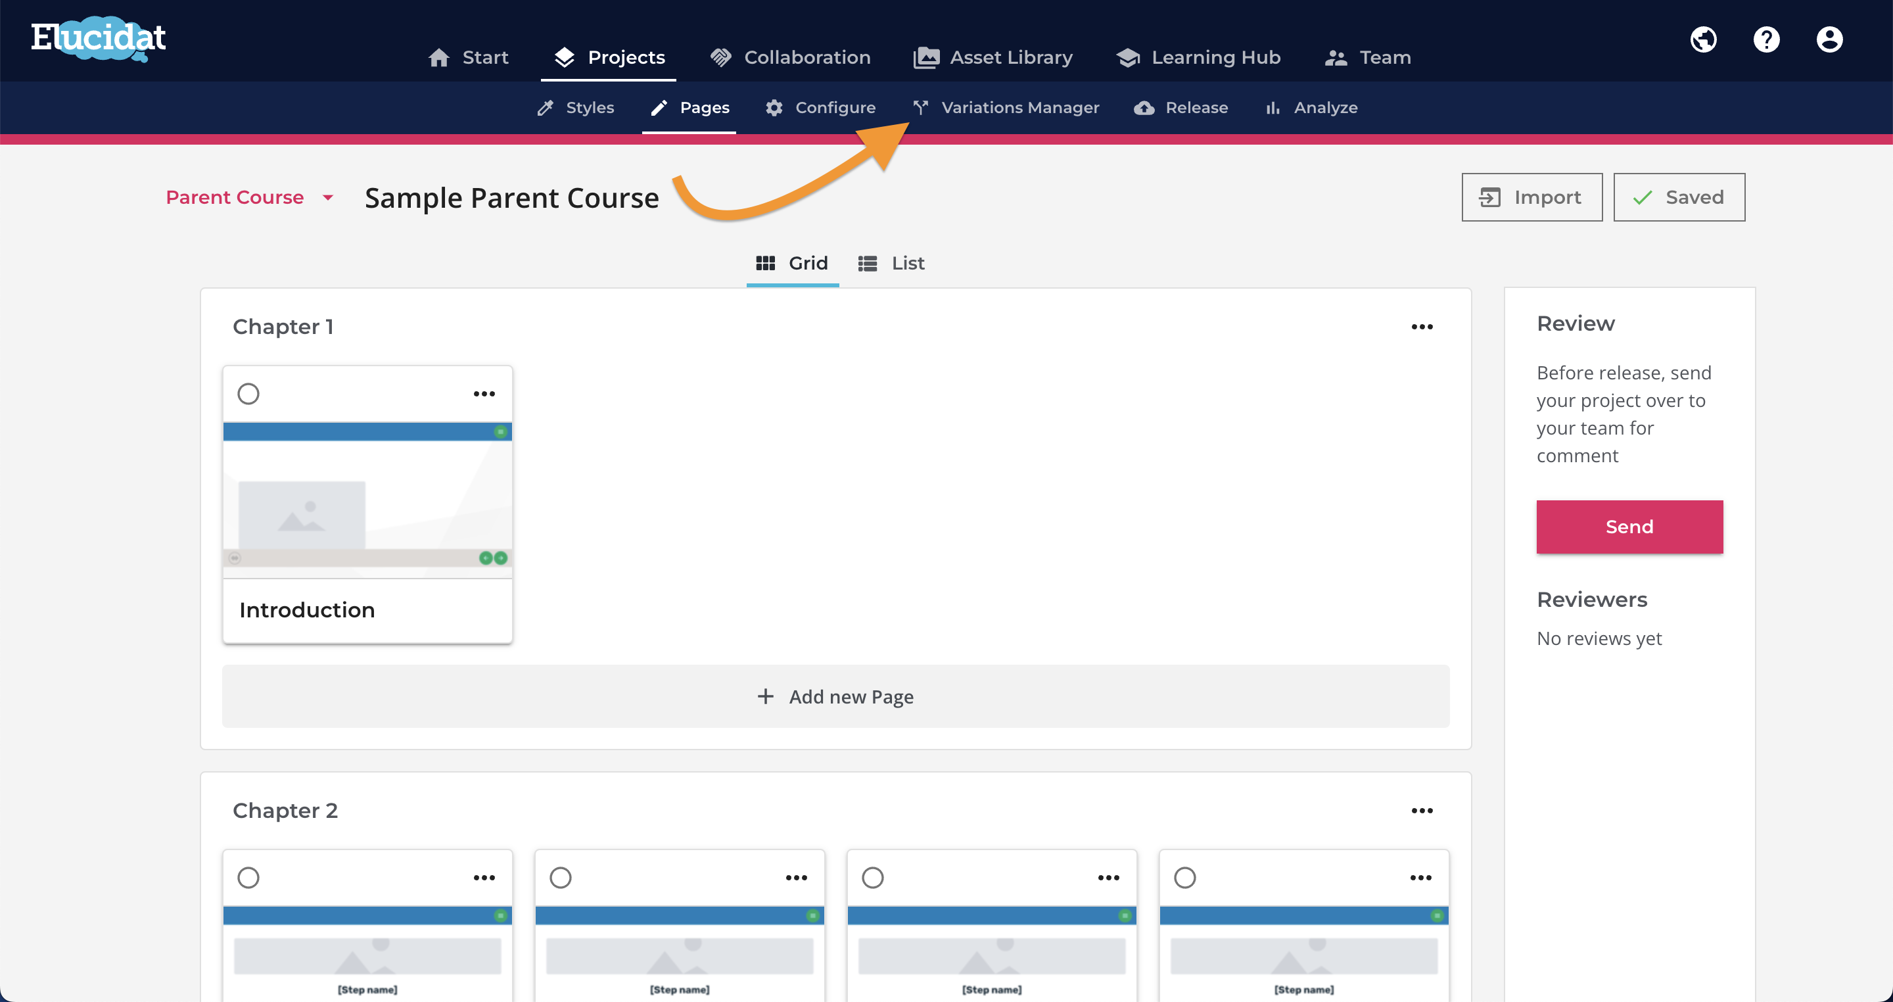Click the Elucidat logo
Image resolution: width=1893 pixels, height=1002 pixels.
[99, 39]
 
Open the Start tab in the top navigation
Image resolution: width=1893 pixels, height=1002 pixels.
[468, 57]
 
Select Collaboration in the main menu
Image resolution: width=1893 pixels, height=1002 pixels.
[790, 57]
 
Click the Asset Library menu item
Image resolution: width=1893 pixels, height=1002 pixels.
[993, 57]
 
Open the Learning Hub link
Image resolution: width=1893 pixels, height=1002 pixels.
[1198, 57]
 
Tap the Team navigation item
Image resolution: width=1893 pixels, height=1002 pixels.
[1367, 57]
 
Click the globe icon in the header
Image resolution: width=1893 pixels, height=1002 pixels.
[1704, 39]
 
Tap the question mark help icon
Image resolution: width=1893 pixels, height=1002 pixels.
[1767, 39]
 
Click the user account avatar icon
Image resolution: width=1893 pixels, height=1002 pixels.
[1830, 39]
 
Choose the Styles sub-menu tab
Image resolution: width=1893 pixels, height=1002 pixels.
[575, 107]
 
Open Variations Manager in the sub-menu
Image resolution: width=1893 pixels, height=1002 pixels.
[1006, 107]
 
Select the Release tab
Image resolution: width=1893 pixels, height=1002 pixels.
[1181, 107]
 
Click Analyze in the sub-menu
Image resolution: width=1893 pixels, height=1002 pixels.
[1311, 107]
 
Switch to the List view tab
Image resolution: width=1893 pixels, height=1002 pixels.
[891, 263]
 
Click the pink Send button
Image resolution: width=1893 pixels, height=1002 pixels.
[1629, 527]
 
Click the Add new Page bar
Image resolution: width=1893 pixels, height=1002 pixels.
[835, 696]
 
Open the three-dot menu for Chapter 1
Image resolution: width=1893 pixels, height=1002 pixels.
[1422, 326]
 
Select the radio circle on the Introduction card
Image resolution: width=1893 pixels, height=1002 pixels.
[248, 393]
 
